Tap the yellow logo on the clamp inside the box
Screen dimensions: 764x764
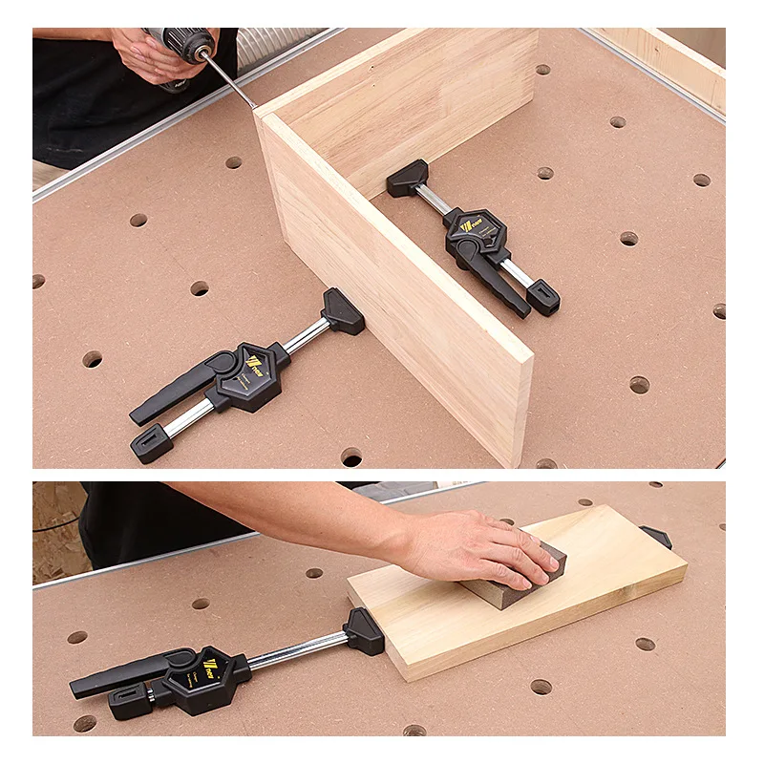point(469,226)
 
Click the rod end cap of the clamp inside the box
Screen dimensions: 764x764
point(542,297)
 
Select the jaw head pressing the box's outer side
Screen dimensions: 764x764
point(343,311)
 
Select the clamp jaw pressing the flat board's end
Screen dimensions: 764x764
point(364,630)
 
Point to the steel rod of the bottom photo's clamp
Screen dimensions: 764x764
point(296,651)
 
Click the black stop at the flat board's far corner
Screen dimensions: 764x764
point(656,538)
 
